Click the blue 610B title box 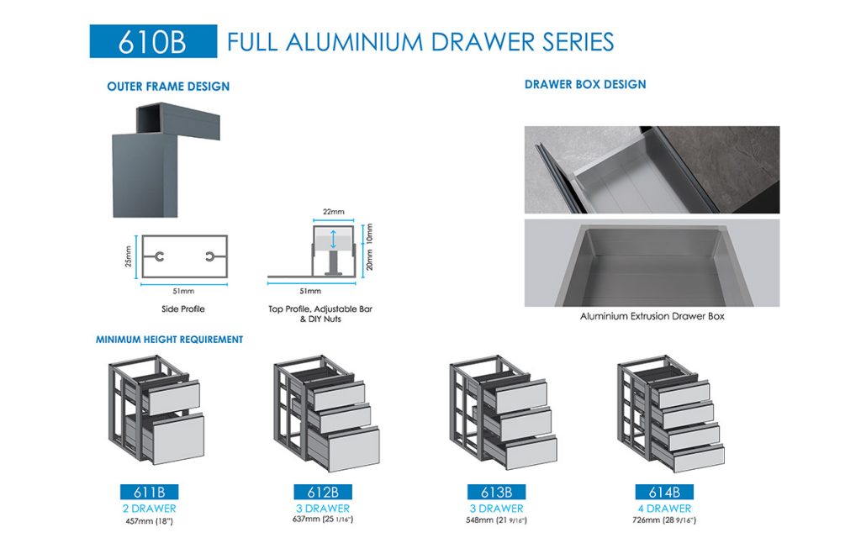pos(153,41)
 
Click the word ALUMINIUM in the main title pos(360,41)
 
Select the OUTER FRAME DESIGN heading pos(168,86)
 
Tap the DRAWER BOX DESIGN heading pos(585,84)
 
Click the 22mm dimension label pos(333,212)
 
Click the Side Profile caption pos(183,309)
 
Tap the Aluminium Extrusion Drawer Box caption pos(652,316)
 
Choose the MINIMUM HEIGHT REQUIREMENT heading pos(169,340)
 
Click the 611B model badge pos(150,493)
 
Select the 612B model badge pos(322,493)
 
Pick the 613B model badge pos(496,493)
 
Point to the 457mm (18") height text pos(150,521)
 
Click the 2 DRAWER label pos(150,509)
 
